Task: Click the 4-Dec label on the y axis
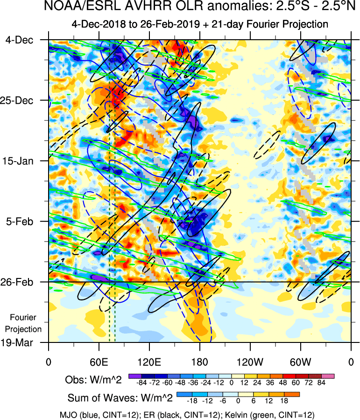(20, 40)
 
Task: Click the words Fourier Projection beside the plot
(26, 323)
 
